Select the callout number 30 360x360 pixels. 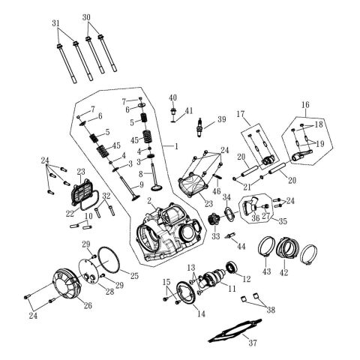click(86, 16)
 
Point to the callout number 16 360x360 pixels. click(304, 104)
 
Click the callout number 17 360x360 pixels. click(241, 114)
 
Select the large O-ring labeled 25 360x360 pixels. click(112, 259)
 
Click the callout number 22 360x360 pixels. click(70, 214)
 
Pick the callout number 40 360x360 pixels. click(173, 97)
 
